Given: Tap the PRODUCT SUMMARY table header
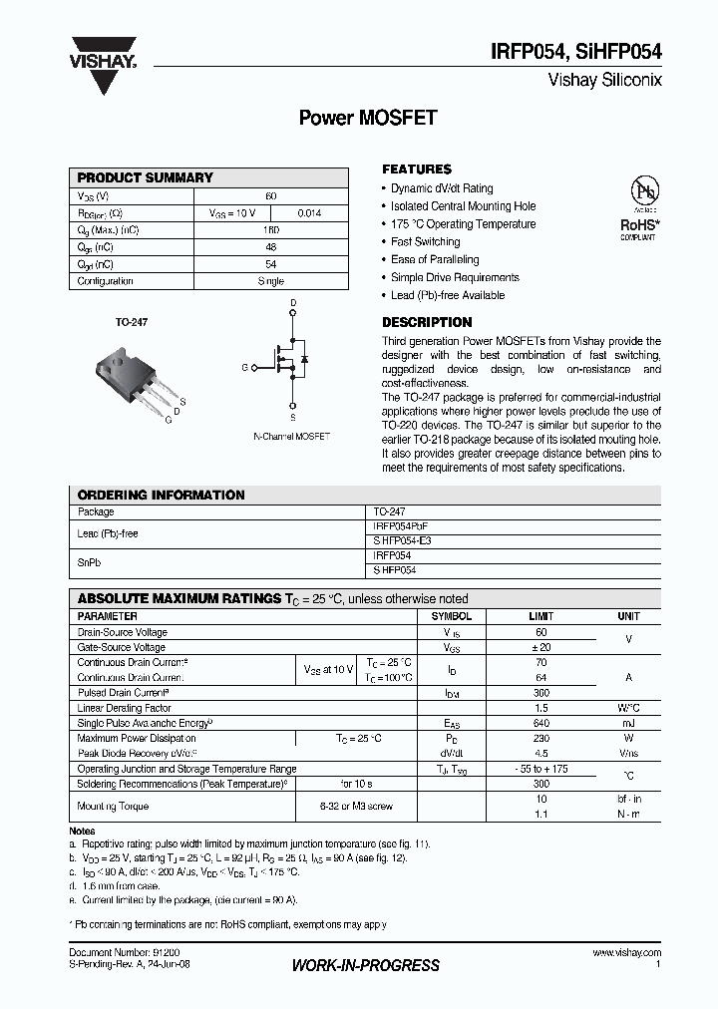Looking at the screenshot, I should [146, 177].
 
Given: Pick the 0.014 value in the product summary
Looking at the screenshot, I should [309, 213].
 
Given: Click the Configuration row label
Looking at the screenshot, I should [106, 281].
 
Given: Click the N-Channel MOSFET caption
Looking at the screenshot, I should [291, 437].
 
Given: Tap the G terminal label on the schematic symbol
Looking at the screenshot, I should [243, 368].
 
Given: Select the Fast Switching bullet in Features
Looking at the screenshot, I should [425, 241].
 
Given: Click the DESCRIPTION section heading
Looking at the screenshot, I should [427, 322].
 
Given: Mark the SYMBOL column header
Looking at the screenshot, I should [452, 616].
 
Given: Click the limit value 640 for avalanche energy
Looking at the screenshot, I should [541, 723].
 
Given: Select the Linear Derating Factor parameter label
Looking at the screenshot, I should [124, 708].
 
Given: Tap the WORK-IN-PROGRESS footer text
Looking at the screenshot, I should [365, 965].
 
